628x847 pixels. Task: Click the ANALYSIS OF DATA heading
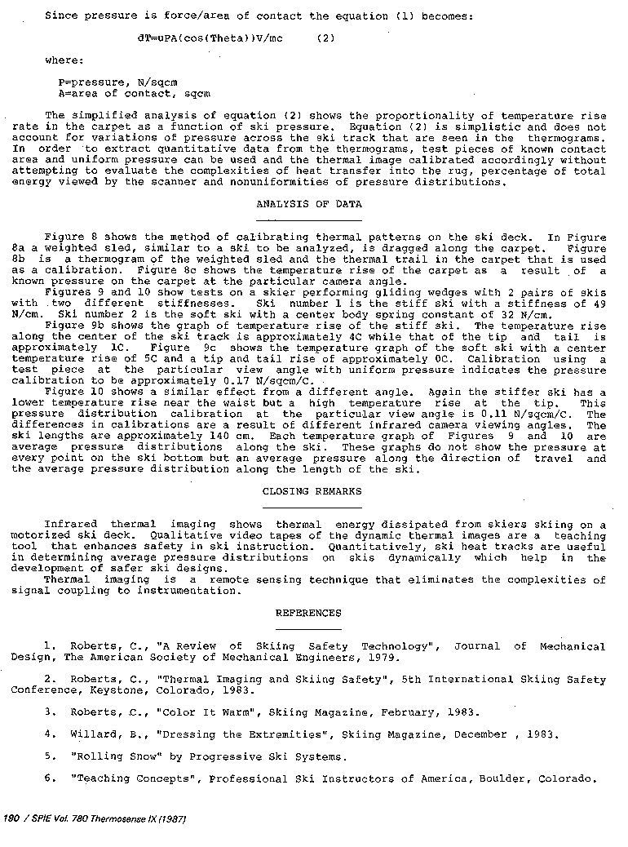[308, 204]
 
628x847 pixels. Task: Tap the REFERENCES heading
[308, 613]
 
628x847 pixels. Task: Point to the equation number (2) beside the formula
[325, 38]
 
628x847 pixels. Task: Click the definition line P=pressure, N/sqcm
[118, 82]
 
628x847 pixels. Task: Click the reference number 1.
[49, 646]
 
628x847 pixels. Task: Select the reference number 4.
[49, 734]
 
